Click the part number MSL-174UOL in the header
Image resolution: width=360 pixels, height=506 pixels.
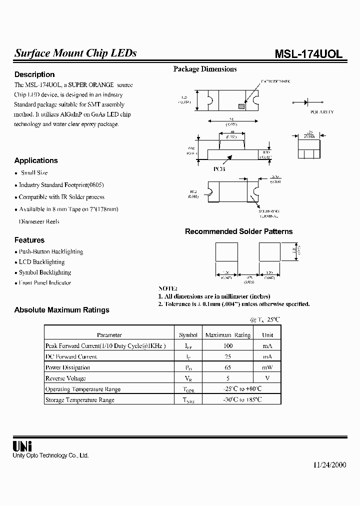[308, 54]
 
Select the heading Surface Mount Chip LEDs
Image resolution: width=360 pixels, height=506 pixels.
[75, 53]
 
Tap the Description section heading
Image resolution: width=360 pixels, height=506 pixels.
[34, 74]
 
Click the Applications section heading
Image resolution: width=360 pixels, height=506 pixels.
[36, 160]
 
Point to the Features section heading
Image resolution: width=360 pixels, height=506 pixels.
[29, 240]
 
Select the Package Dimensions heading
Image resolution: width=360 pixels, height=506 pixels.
[205, 69]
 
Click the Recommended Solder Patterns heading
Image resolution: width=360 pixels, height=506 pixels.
[238, 231]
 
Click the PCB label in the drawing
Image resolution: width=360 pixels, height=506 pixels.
[219, 169]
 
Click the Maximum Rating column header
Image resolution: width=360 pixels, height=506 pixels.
[228, 335]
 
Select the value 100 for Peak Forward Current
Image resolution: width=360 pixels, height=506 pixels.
[228, 346]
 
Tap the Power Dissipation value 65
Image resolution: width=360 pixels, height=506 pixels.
[228, 367]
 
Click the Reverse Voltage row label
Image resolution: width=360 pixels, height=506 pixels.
[65, 378]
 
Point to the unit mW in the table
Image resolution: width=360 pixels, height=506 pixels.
[267, 367]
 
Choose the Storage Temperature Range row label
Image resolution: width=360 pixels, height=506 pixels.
[79, 400]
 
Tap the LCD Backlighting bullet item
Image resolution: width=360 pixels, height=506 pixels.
[41, 262]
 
